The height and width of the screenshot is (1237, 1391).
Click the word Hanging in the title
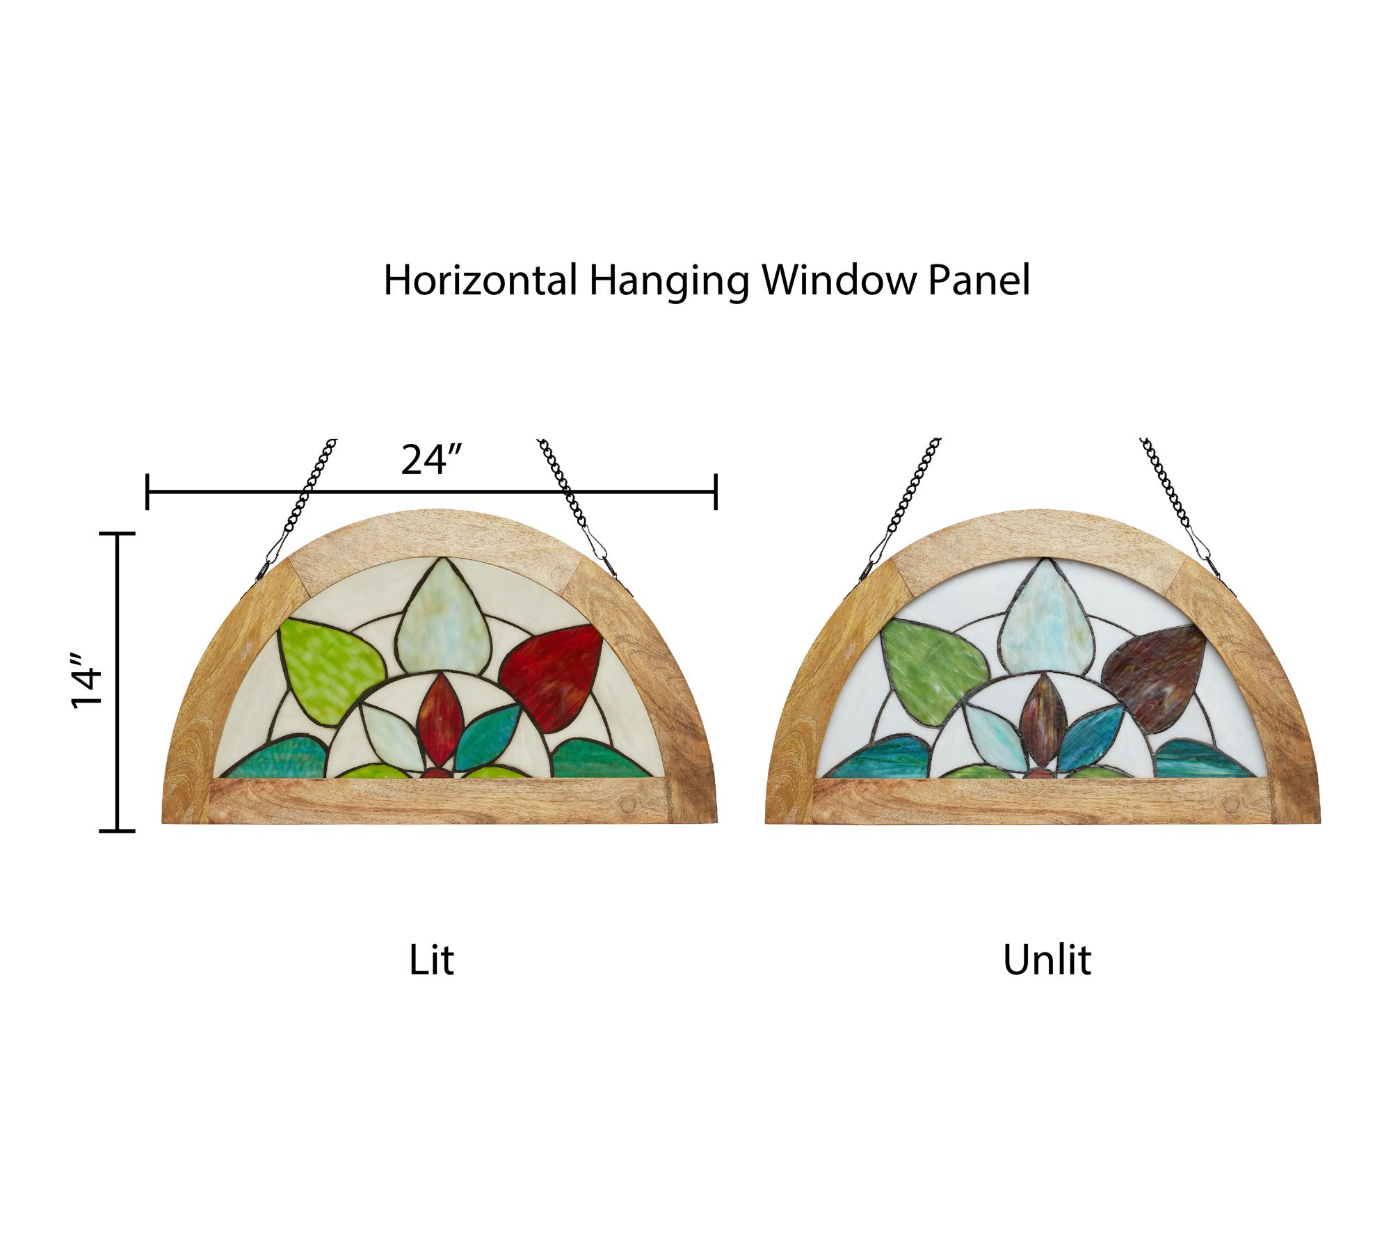668,282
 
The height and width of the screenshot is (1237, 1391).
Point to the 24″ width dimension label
431,460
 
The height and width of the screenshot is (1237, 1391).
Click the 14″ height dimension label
86,681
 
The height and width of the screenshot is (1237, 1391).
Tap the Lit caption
431,961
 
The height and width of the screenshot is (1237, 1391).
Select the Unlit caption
1047,961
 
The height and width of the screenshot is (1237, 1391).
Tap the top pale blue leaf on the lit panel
443,618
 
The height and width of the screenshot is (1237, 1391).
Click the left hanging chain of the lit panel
296,508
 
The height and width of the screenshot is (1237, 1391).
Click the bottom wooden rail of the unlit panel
1043,801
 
